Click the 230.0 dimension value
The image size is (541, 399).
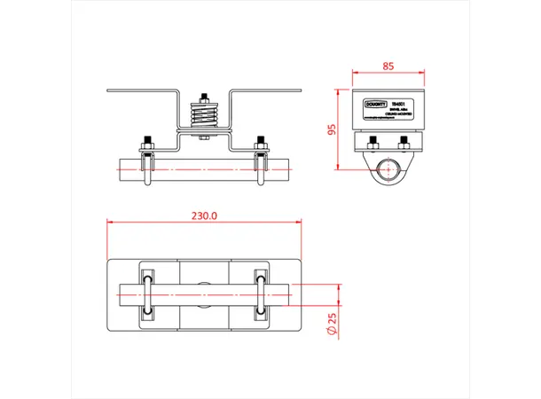(x=205, y=215)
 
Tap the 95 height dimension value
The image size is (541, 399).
(x=331, y=129)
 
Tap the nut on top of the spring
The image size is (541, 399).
(x=205, y=98)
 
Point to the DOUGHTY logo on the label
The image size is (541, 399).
(x=376, y=103)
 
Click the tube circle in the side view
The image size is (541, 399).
(x=388, y=169)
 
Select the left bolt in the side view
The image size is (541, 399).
(x=373, y=140)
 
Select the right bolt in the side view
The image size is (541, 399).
(x=404, y=140)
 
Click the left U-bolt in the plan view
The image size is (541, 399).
(x=148, y=292)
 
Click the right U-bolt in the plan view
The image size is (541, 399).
(x=261, y=292)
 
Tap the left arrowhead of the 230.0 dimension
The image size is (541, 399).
(x=109, y=223)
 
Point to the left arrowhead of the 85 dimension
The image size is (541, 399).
(x=355, y=72)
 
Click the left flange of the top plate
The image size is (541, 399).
(x=142, y=90)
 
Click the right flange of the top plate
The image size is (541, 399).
(x=266, y=90)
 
